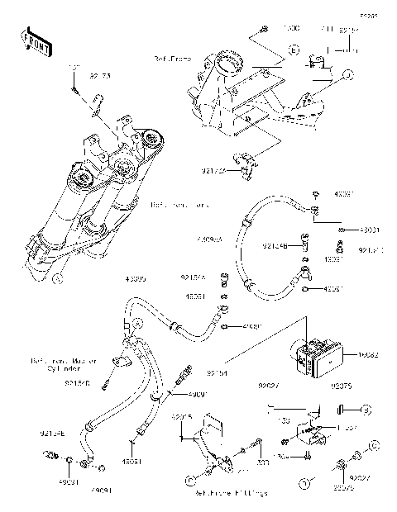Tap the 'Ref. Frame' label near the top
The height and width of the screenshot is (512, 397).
[x=173, y=59]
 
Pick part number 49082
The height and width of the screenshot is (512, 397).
[x=370, y=354]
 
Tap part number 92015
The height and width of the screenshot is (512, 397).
[x=182, y=418]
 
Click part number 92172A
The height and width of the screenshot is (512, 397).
[x=213, y=172]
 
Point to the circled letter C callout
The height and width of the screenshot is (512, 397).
[x=191, y=479]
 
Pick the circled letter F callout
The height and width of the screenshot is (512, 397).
[x=57, y=280]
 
